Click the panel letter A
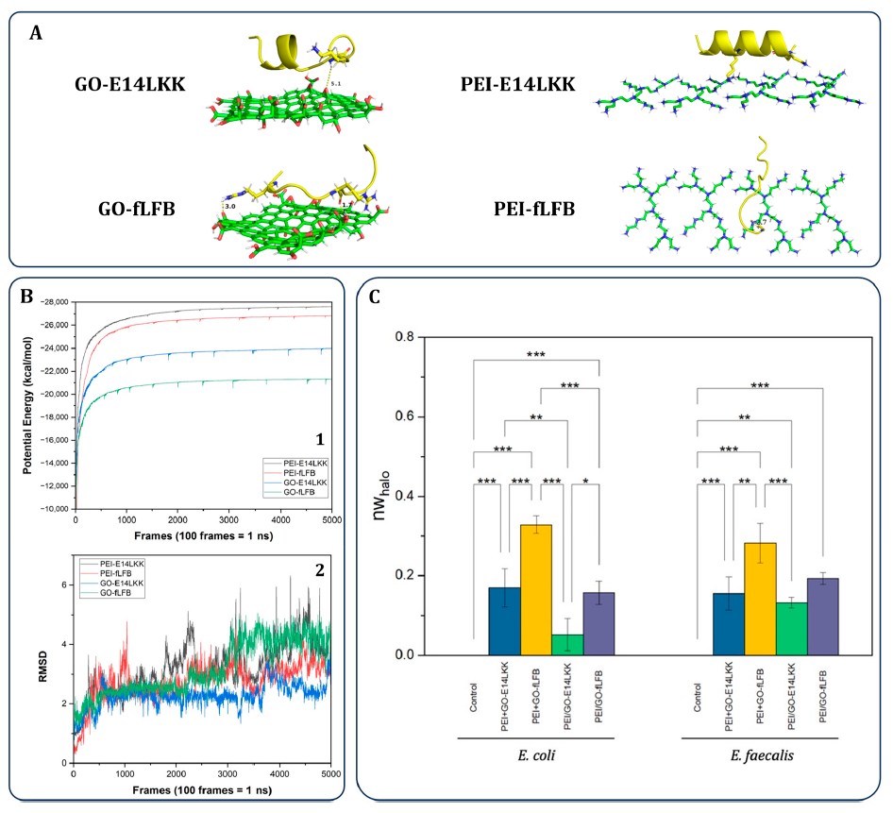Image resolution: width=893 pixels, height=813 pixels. (x=36, y=33)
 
